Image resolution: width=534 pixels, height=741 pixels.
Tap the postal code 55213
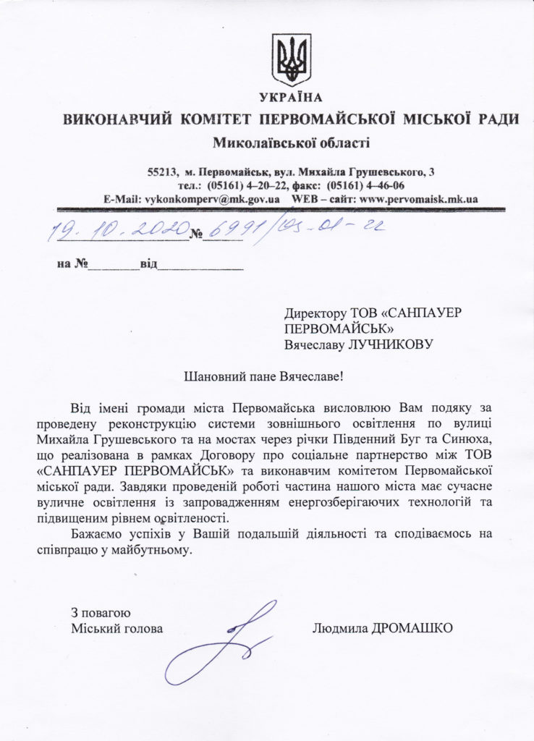[161, 172]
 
